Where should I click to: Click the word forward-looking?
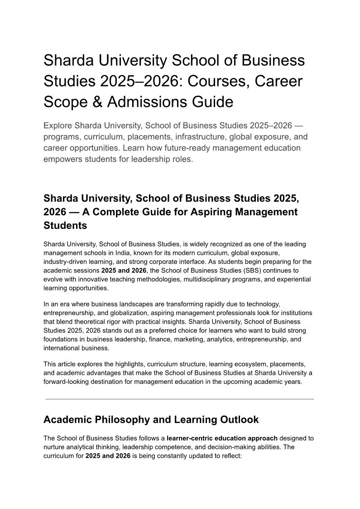point(67,381)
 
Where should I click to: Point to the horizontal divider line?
point(180,399)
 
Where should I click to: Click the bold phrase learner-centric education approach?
point(222,438)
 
